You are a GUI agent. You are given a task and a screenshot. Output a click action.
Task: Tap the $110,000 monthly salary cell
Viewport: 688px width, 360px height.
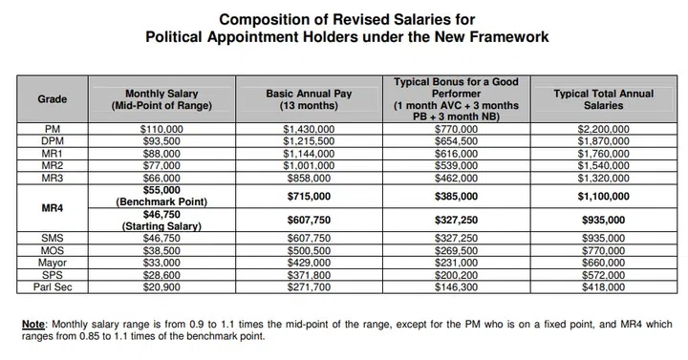[160, 127]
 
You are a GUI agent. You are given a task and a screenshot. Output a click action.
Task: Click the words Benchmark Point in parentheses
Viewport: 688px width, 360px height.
[161, 201]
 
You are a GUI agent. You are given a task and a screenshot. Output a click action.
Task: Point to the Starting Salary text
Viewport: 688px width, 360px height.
[161, 225]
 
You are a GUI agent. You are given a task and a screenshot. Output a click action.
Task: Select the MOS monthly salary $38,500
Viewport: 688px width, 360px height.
[160, 249]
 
